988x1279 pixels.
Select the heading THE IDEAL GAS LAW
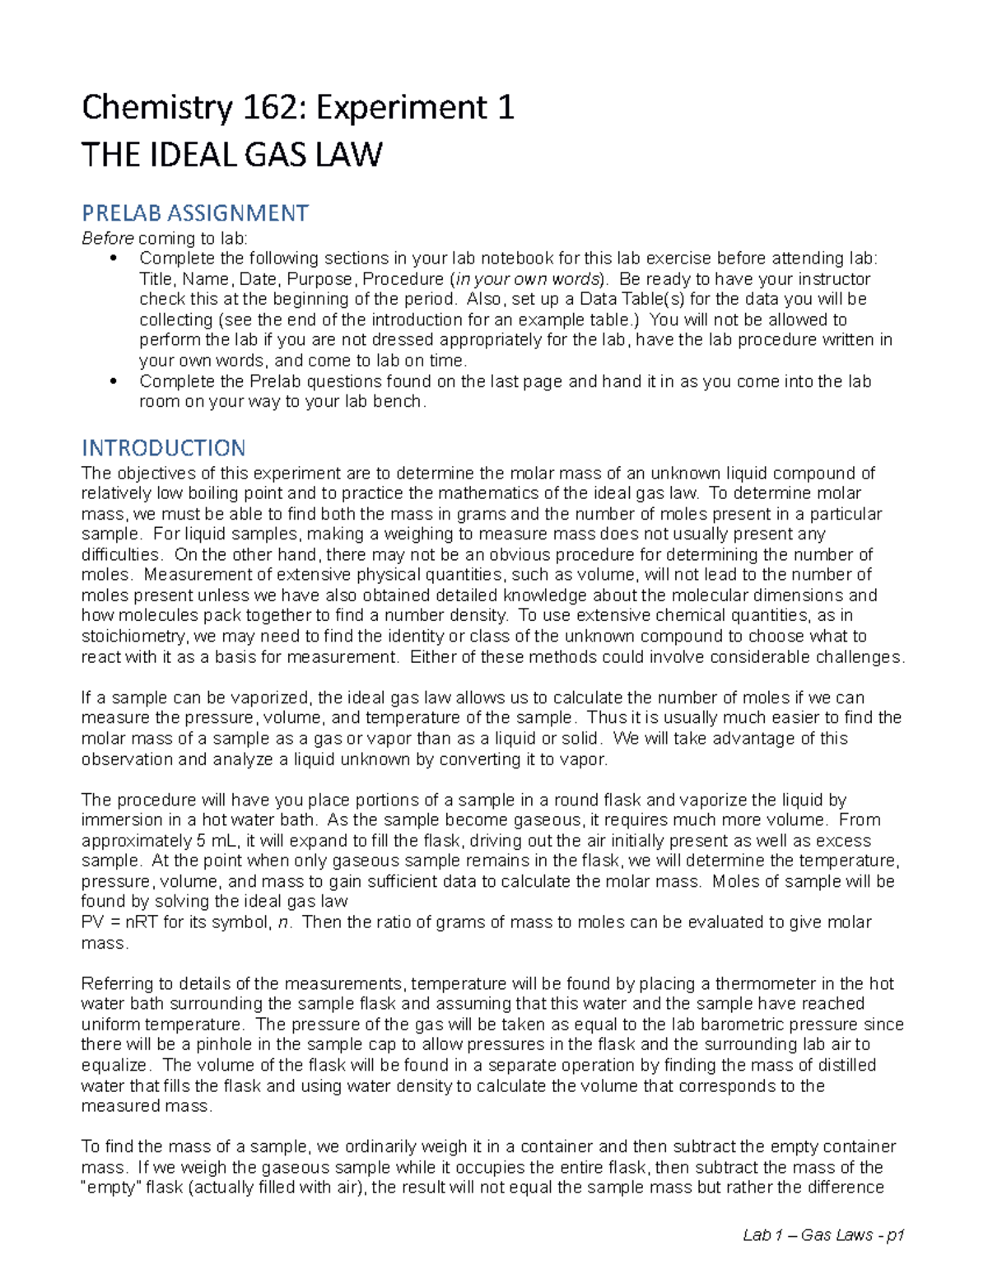231,155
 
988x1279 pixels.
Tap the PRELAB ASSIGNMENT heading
194,213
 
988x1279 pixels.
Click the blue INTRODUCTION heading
163,448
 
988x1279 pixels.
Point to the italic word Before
107,239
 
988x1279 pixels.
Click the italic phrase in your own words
527,279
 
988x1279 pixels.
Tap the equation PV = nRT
120,922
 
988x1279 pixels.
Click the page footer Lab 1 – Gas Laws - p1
823,1235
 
